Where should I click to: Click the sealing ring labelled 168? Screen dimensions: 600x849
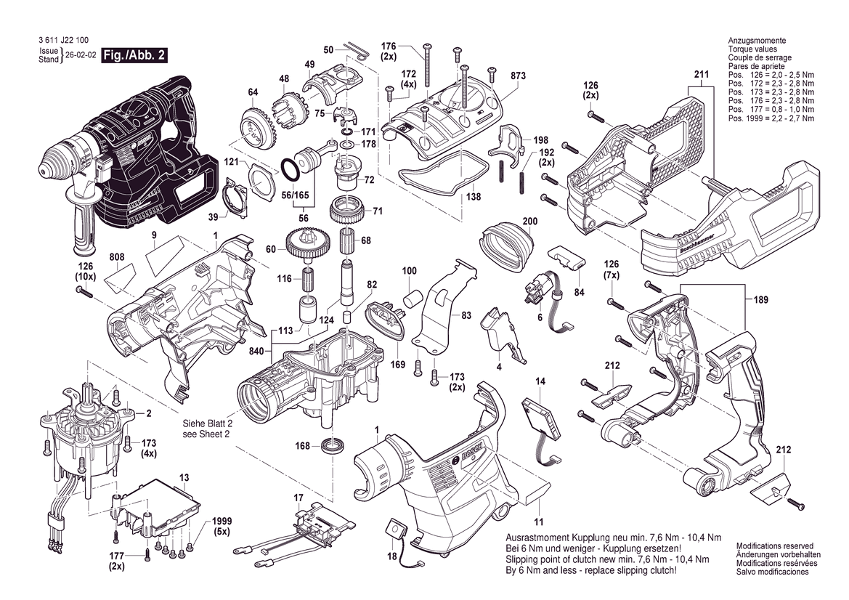[x=333, y=445]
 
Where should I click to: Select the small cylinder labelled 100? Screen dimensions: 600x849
[x=413, y=299]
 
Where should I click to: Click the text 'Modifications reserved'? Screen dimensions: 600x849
[x=774, y=546]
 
